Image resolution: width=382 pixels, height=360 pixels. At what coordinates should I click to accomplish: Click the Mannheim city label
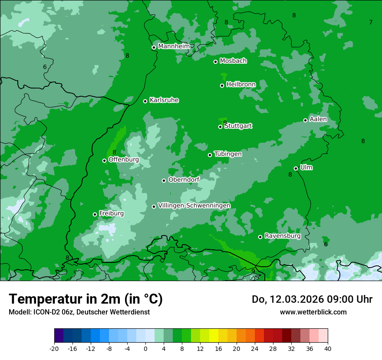click(174, 46)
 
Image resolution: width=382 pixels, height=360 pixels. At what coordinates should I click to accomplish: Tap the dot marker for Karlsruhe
click(145, 101)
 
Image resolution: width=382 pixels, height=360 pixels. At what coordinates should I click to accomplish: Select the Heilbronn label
click(241, 84)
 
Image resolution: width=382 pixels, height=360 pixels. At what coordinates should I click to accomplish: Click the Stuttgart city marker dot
click(220, 127)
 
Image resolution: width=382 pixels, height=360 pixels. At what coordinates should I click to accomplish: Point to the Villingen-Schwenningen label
click(194, 205)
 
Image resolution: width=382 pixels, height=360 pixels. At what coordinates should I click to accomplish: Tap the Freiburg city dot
click(95, 214)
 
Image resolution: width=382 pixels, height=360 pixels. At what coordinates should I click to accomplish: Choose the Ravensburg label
click(283, 236)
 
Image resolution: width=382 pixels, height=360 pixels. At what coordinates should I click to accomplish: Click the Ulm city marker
click(296, 168)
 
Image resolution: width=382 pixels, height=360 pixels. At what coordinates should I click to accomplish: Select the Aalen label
click(318, 119)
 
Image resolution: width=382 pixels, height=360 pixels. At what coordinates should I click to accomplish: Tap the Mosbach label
click(233, 61)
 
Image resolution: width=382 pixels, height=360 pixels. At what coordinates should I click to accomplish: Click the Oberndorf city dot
click(164, 180)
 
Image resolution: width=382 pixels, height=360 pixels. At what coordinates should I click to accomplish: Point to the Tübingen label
click(228, 154)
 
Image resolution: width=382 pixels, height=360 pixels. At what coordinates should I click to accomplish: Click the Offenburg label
click(124, 159)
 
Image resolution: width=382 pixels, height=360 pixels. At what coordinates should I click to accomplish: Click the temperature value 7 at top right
click(371, 22)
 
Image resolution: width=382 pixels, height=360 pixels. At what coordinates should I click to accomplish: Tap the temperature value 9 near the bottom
click(253, 271)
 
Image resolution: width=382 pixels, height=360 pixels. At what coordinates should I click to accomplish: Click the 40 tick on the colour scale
click(328, 349)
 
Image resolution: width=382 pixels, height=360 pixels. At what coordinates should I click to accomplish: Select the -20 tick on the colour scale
click(54, 349)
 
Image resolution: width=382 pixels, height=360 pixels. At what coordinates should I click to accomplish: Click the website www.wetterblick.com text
click(313, 312)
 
